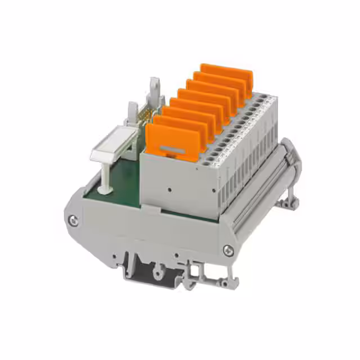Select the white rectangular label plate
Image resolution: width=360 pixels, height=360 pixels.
(112, 147)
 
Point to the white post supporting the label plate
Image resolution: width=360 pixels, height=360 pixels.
(105, 174)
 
